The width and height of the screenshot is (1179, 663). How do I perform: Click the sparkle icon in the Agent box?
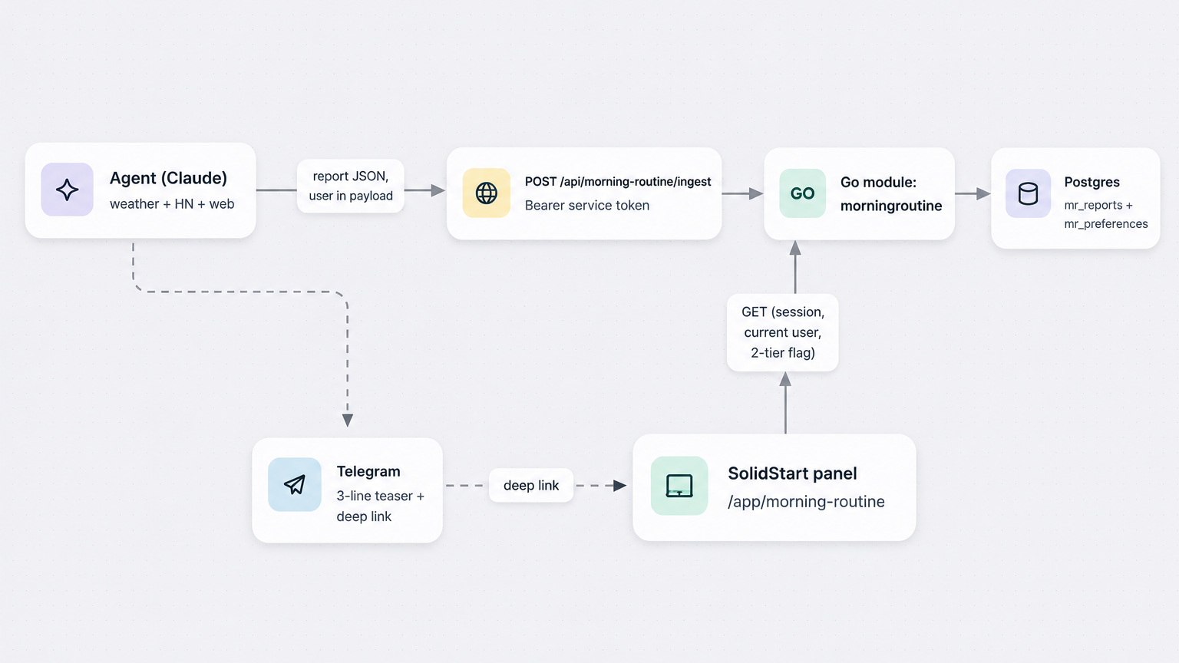(67, 190)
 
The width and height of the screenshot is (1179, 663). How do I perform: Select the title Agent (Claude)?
(168, 178)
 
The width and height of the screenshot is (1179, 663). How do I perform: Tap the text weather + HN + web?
(172, 203)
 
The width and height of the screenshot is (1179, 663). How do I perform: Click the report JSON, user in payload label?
(351, 186)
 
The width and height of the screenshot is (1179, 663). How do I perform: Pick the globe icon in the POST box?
(487, 193)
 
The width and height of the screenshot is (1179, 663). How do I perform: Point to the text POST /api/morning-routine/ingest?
(618, 182)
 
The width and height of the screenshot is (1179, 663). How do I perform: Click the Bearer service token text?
(587, 205)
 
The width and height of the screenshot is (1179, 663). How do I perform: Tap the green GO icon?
(802, 193)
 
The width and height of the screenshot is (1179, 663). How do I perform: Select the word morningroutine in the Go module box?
(891, 206)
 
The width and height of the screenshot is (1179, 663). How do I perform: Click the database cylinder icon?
(1028, 193)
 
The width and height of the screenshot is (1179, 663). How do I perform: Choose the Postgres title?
(1091, 182)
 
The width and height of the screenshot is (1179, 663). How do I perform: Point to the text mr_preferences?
(1106, 223)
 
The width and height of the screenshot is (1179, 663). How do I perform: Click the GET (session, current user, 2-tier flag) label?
(783, 332)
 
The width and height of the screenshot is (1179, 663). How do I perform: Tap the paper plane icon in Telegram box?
(295, 484)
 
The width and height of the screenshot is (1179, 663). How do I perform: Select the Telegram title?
(368, 471)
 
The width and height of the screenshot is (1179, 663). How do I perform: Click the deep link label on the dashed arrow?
(531, 485)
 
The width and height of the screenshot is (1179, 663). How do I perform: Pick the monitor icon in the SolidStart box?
(679, 485)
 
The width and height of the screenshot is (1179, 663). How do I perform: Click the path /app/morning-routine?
(806, 501)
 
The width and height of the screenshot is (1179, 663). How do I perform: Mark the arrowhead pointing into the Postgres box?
(983, 193)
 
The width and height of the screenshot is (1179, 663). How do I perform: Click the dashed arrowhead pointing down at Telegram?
(348, 420)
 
